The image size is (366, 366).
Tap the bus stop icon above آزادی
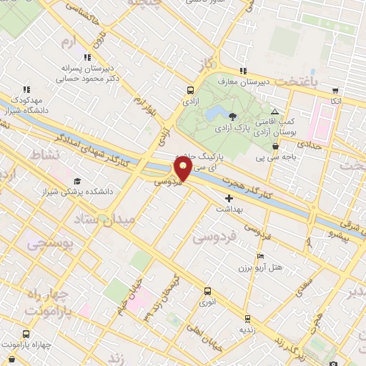[190, 91]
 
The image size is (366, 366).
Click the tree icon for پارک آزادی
[232, 116]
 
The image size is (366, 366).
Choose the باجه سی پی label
[275, 158]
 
